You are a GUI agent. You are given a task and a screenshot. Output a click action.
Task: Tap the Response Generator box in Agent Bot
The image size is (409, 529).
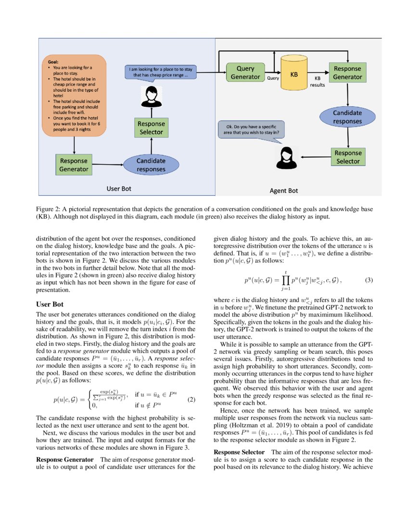click(x=347, y=73)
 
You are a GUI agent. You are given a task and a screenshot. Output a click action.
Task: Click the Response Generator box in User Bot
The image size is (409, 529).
click(x=74, y=164)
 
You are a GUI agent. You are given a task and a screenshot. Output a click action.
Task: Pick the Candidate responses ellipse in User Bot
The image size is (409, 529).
click(x=151, y=164)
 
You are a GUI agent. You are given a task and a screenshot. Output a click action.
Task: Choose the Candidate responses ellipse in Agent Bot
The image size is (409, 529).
click(x=347, y=117)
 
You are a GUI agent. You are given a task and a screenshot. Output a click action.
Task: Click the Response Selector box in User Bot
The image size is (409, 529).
click(x=152, y=127)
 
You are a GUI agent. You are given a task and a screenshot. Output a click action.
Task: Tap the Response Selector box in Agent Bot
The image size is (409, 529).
click(x=347, y=157)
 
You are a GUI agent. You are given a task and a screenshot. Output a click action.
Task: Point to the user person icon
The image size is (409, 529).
click(x=152, y=97)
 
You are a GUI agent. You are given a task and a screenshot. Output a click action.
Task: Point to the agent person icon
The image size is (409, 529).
click(x=285, y=158)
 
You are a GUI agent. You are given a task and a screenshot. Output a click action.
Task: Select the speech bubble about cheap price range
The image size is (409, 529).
click(x=159, y=72)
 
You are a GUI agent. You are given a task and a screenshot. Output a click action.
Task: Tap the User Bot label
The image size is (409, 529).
click(x=118, y=189)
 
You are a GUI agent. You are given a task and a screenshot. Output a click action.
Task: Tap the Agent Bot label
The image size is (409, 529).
click(x=283, y=190)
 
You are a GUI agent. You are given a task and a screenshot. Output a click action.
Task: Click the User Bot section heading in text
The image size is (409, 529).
click(x=50, y=304)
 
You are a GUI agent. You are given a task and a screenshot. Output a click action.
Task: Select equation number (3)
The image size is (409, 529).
click(x=369, y=279)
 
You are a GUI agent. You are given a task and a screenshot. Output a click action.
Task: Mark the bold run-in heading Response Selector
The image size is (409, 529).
click(x=239, y=453)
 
